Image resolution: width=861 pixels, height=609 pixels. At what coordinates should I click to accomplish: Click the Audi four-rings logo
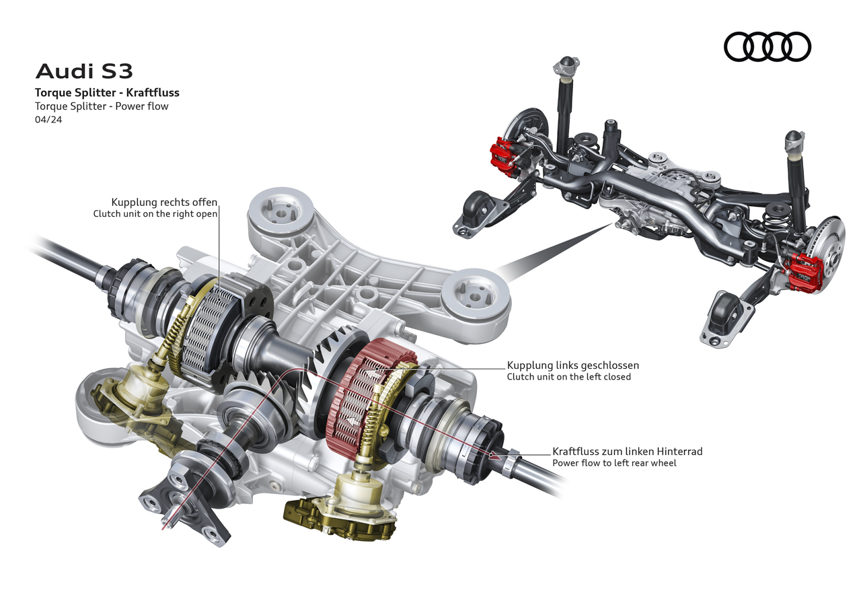[768, 46]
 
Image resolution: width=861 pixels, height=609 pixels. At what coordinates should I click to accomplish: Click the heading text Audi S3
[84, 71]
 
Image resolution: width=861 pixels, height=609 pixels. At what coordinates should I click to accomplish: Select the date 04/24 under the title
[48, 120]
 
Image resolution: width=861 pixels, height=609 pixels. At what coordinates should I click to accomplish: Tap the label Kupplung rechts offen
[164, 203]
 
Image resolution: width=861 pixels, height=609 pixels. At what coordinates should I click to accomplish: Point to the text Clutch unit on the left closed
[569, 377]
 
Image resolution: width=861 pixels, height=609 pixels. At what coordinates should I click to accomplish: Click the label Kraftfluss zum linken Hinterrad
[628, 451]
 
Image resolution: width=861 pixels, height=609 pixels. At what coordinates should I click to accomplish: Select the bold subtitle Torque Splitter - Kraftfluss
[107, 93]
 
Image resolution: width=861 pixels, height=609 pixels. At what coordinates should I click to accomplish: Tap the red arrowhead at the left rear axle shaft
[496, 456]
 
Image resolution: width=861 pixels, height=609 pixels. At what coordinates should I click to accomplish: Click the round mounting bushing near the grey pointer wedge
[476, 296]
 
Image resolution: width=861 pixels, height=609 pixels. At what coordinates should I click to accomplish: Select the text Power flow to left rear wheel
[614, 463]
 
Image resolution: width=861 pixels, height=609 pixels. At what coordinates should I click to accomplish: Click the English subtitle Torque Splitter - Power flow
[102, 106]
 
